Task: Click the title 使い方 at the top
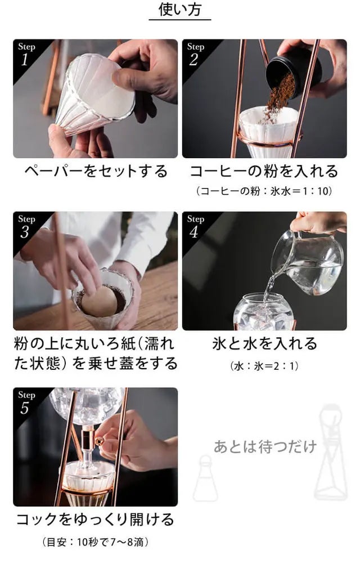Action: (180, 10)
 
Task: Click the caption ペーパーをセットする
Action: (96, 171)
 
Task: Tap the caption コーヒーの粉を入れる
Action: (264, 171)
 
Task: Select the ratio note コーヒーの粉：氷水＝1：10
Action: (264, 191)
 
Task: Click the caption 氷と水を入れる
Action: (264, 344)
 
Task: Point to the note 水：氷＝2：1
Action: (264, 366)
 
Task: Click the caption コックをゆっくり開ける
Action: (96, 520)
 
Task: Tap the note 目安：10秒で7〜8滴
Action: (96, 542)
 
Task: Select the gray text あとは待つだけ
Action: (265, 447)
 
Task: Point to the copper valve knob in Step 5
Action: (99, 441)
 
